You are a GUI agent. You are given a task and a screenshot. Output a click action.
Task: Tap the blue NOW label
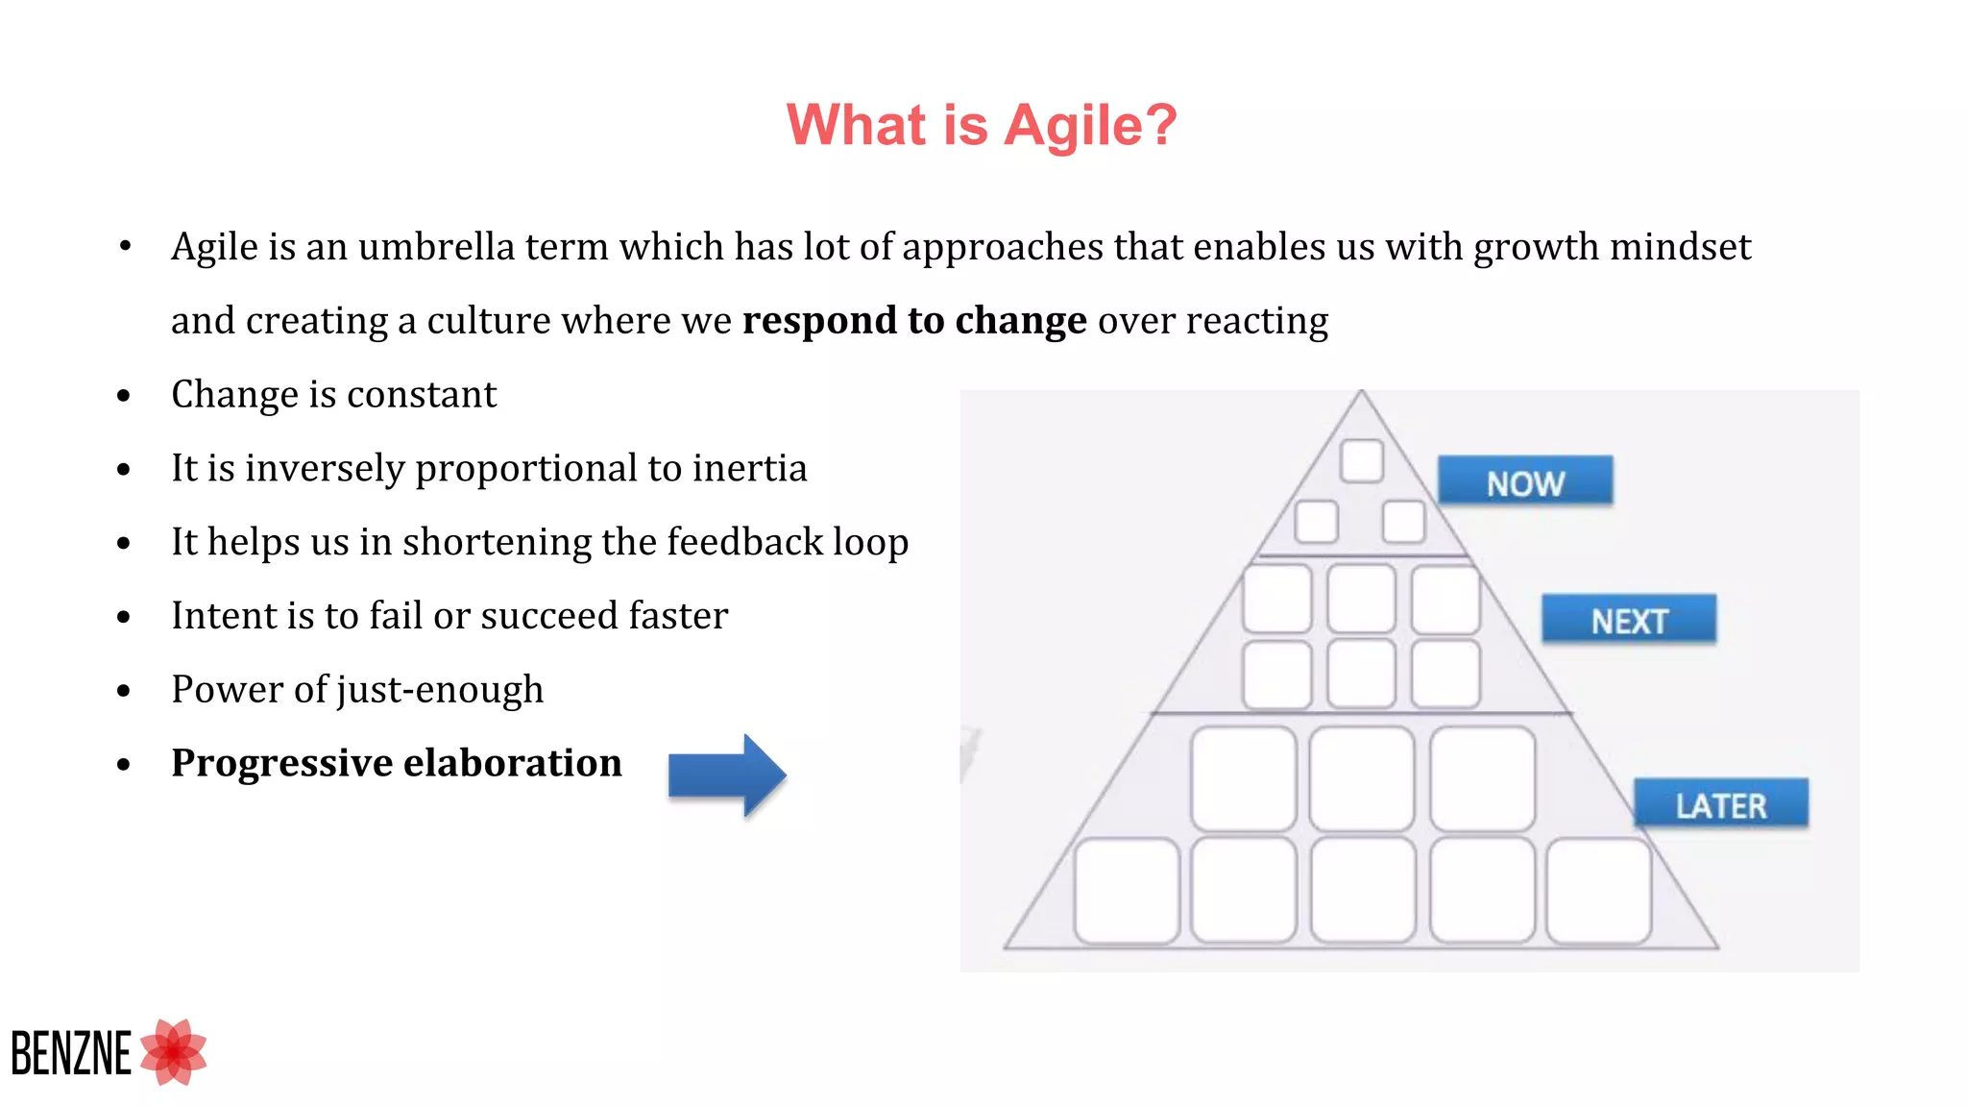click(x=1524, y=481)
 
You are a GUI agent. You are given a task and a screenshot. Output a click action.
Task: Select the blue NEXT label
click(x=1628, y=620)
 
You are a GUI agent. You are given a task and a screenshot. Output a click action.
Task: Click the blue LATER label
click(x=1720, y=804)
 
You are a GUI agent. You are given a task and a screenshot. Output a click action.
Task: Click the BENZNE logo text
click(x=71, y=1054)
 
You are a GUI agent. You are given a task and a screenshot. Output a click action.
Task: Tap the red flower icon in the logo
click(x=174, y=1052)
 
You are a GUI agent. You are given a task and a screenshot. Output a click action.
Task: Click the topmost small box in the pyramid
click(x=1361, y=461)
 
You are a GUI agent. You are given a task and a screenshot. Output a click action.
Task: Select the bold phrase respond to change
click(x=913, y=321)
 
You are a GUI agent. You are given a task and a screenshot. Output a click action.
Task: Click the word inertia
click(x=749, y=469)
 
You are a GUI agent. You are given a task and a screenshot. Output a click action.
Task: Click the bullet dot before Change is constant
click(x=123, y=396)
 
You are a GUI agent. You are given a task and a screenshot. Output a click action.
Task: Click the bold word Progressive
click(x=281, y=763)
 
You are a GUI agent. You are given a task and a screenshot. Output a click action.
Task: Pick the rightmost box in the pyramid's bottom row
click(x=1598, y=890)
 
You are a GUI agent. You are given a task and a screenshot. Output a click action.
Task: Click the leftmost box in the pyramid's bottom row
click(x=1127, y=890)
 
